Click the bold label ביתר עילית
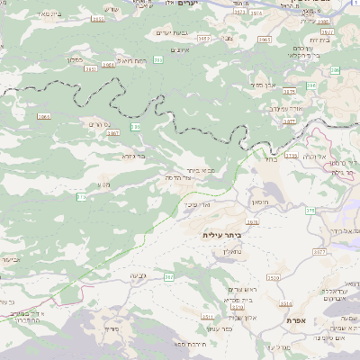click(224, 234)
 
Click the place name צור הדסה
click(206, 177)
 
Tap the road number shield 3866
click(43, 116)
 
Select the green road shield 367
click(168, 277)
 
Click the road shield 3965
click(264, 40)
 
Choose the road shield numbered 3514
click(286, 304)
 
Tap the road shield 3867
click(112, 133)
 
